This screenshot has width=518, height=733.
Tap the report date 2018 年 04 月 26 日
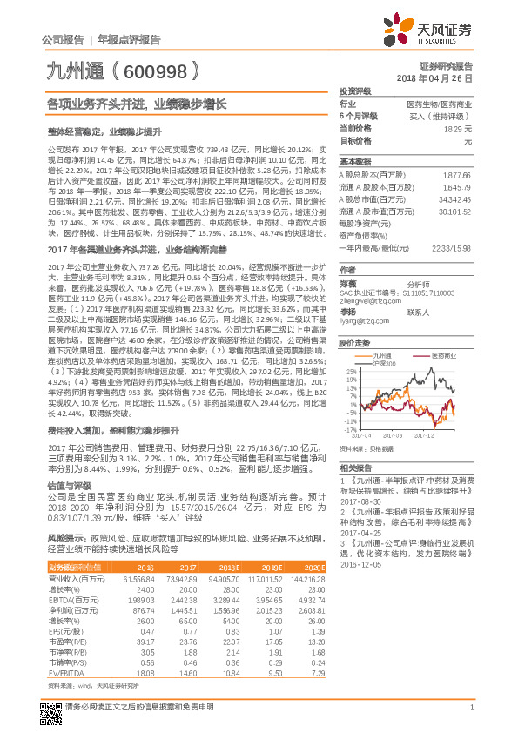(434, 78)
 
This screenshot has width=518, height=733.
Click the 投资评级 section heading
(354, 91)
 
